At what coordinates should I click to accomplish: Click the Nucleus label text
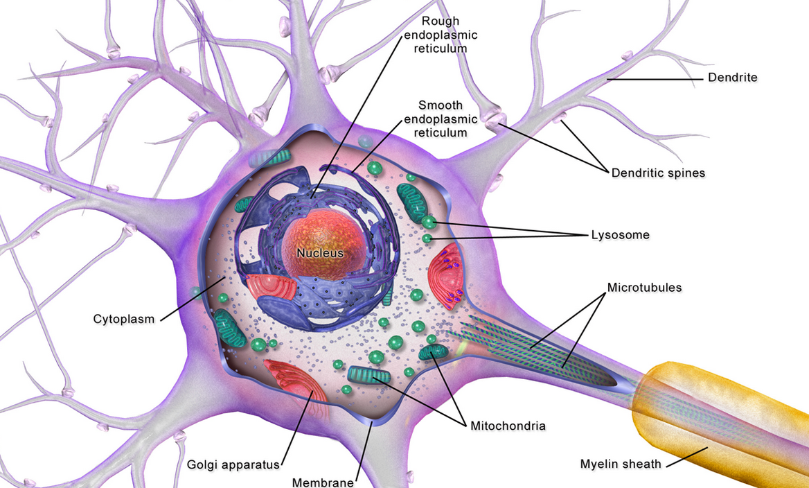pos(320,254)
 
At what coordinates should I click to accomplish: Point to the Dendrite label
pos(732,78)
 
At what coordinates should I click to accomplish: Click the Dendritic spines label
pos(657,173)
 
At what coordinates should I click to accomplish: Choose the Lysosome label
pos(620,235)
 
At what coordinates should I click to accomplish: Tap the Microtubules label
pos(644,287)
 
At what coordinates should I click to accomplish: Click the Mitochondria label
pos(508,425)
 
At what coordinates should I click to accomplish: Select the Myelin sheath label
pos(621,464)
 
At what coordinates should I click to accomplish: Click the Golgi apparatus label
pos(233,464)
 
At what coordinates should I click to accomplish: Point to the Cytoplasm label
pos(124,319)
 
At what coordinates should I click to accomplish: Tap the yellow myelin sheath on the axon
pos(720,416)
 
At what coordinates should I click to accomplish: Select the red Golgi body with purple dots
pos(450,274)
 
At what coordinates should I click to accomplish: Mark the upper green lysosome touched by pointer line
pos(429,222)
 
